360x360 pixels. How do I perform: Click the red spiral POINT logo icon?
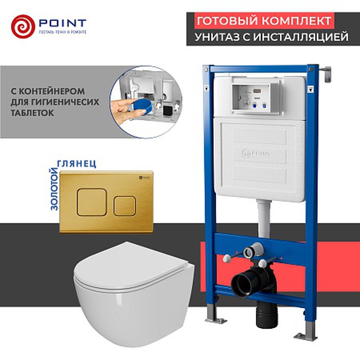22,26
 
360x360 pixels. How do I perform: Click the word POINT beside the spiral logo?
62,23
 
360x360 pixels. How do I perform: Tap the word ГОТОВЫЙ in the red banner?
226,21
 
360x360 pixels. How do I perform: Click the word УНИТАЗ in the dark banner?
217,37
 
